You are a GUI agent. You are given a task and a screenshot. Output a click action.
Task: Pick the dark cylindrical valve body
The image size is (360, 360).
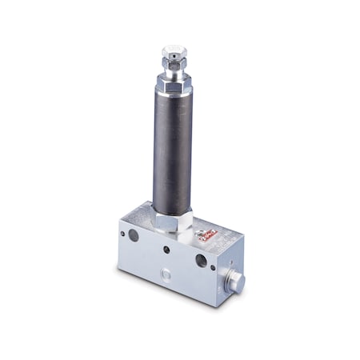[174, 152]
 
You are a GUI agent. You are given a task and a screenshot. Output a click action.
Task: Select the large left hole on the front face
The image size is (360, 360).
[134, 235]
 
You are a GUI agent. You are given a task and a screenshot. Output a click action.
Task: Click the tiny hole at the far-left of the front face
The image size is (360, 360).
[122, 234]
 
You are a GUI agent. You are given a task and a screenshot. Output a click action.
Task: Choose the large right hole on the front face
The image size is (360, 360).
[201, 260]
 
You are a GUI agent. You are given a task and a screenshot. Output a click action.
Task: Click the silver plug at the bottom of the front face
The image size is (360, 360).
[166, 274]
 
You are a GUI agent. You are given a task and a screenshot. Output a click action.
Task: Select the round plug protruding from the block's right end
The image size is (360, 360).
[236, 282]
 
